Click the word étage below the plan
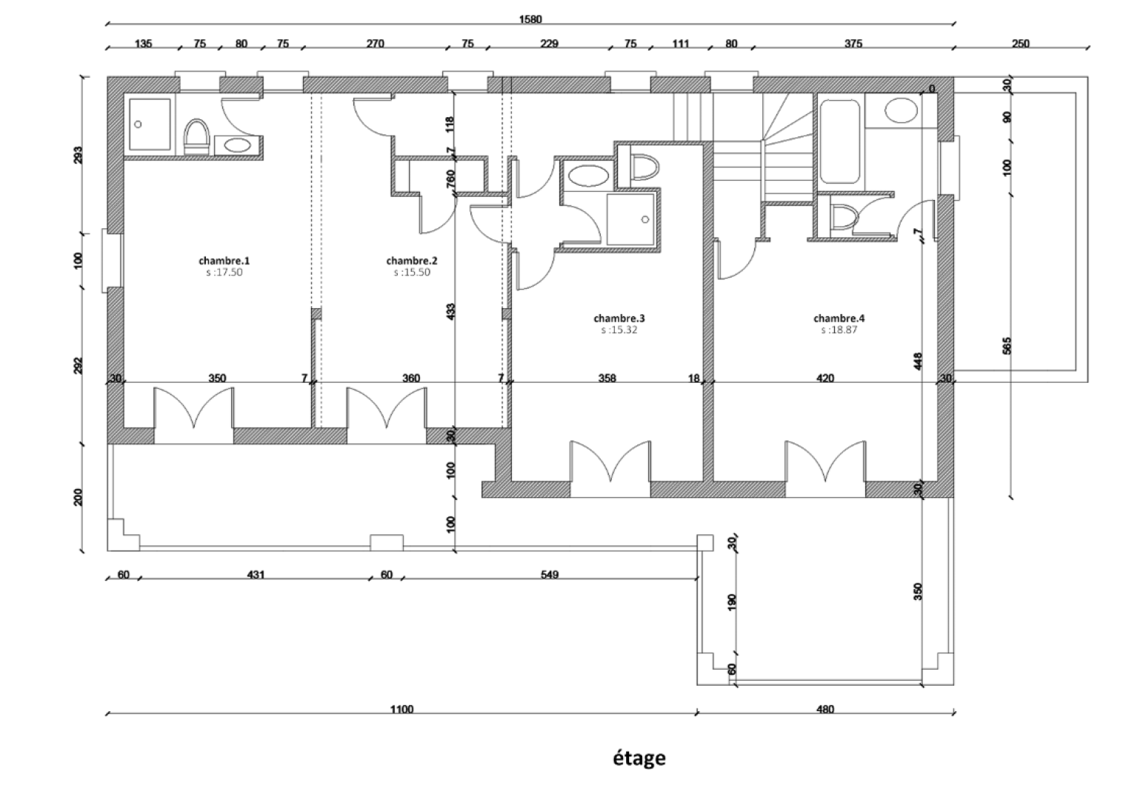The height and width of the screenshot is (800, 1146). [x=638, y=759]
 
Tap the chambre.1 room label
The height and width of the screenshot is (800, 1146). [x=224, y=261]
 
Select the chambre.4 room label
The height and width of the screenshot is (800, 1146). [x=839, y=319]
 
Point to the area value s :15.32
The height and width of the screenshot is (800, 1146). [x=619, y=330]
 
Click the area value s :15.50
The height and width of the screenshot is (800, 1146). [x=412, y=272]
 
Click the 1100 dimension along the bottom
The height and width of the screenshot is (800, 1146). [x=401, y=710]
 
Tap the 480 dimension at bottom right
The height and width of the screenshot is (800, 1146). [x=824, y=710]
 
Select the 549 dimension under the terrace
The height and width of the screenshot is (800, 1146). [x=549, y=574]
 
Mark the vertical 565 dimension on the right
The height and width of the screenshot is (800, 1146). [x=1006, y=347]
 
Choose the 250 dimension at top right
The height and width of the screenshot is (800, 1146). [x=1020, y=44]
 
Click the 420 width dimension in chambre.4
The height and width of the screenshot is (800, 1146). [x=824, y=379]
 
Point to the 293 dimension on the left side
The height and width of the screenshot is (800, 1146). [x=79, y=154]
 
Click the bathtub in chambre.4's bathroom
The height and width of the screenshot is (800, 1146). [x=839, y=141]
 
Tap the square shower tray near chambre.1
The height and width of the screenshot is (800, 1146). [x=150, y=124]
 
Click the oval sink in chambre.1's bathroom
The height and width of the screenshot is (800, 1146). [x=237, y=145]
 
